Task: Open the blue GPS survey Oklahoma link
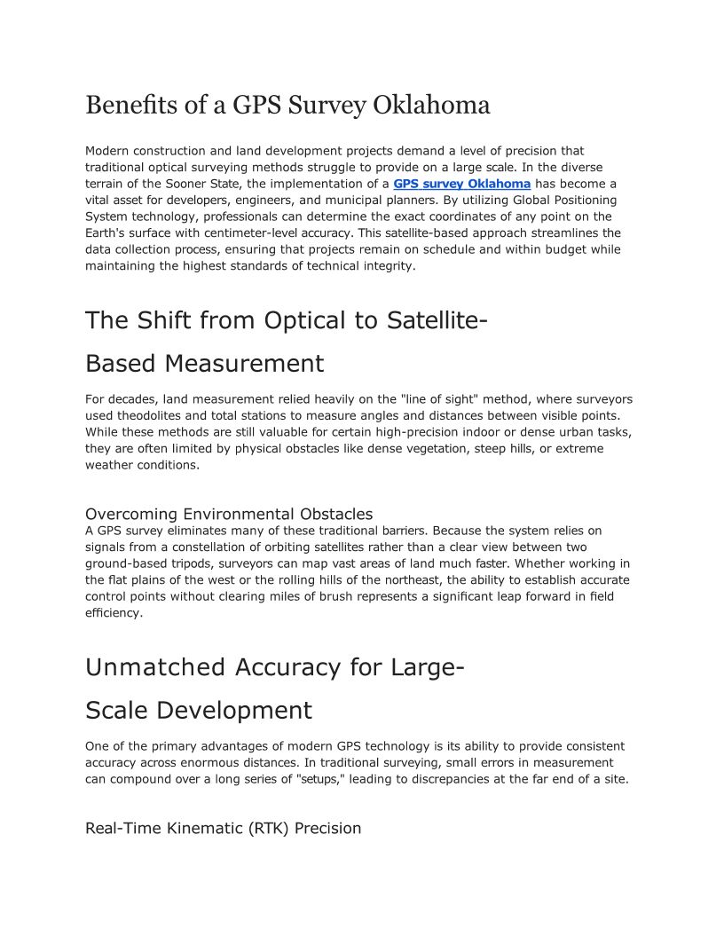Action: click(x=461, y=184)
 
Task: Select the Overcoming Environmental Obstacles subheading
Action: click(x=229, y=514)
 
